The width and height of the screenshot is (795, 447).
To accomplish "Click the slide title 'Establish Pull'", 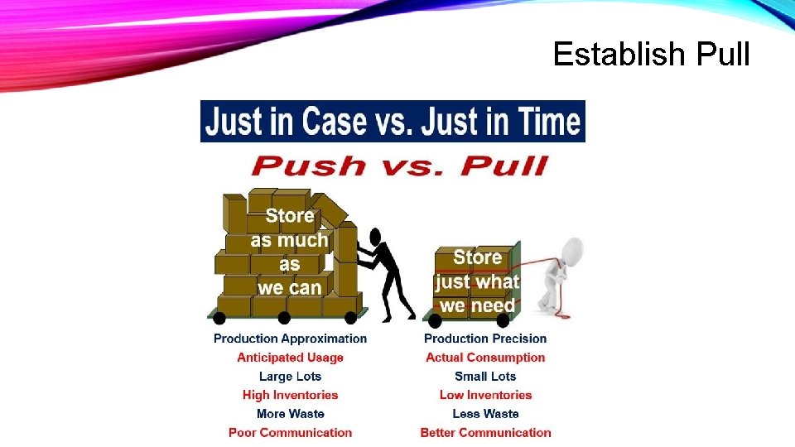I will (651, 55).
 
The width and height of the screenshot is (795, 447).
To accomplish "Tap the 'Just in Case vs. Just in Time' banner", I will (393, 122).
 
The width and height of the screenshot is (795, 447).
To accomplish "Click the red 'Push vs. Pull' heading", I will (399, 165).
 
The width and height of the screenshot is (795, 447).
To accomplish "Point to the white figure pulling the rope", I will (557, 277).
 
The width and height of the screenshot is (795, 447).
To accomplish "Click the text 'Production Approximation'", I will (290, 339).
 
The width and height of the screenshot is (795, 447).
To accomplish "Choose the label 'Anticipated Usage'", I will (290, 358).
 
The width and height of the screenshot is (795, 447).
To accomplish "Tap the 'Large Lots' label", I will (290, 377).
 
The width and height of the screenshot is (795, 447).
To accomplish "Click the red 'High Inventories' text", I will (290, 395).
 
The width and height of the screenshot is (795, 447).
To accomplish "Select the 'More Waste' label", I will (290, 414).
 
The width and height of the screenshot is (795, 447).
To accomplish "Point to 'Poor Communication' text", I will (290, 432).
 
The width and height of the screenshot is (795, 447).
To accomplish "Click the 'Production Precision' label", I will (485, 339).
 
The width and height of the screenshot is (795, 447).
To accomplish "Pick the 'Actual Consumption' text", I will (485, 358).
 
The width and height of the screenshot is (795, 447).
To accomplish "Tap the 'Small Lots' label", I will (485, 377).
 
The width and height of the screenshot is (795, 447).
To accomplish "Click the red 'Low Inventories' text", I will (485, 395).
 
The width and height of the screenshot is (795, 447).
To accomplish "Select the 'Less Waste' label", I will (485, 414).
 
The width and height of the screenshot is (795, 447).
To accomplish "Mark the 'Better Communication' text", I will (485, 432).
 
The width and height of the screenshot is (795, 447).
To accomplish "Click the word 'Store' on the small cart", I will (477, 257).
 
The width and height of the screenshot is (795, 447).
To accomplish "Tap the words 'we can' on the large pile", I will (289, 288).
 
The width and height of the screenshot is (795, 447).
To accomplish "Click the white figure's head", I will (571, 249).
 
